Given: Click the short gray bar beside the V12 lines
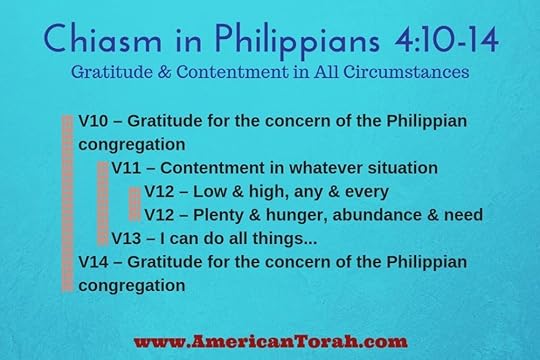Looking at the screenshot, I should pos(134,202).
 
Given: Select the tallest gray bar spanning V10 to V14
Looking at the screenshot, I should pos(68,203).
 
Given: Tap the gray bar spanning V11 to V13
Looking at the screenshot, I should pos(102,203).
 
